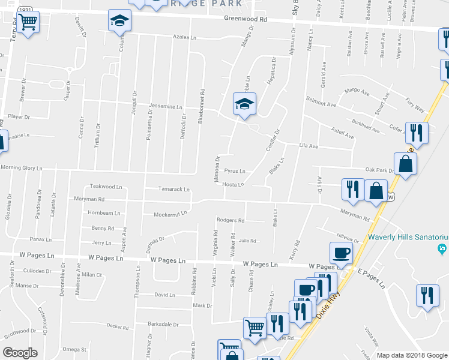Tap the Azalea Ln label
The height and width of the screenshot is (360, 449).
click(x=185, y=37)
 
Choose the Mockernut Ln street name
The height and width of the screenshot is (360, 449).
click(x=170, y=213)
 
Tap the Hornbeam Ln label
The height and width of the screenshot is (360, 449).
click(x=101, y=212)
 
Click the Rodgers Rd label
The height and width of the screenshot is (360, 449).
click(x=231, y=220)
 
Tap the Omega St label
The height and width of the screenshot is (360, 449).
click(x=75, y=349)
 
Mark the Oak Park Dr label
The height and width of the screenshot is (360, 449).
click(x=379, y=170)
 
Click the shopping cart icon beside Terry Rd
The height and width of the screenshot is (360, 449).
click(x=28, y=23)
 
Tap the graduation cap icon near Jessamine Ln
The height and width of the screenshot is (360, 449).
click(x=244, y=104)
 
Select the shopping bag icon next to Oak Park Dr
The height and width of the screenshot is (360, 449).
click(x=406, y=164)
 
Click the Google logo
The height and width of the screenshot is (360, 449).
click(x=20, y=353)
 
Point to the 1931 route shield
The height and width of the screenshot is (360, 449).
click(x=25, y=10)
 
